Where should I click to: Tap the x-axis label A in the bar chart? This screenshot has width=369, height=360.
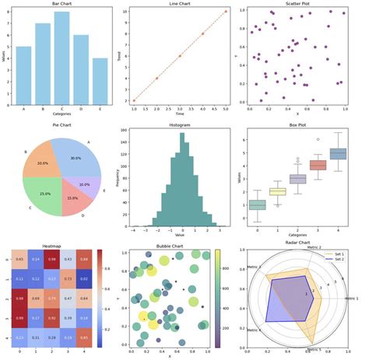pyautogui.click(x=24, y=109)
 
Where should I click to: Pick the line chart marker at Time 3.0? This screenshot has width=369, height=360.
pyautogui.click(x=180, y=56)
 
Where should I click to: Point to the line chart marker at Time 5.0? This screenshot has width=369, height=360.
pyautogui.click(x=226, y=12)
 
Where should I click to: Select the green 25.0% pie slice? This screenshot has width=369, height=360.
pyautogui.click(x=49, y=190)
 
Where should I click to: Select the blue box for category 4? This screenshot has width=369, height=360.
pyautogui.click(x=339, y=154)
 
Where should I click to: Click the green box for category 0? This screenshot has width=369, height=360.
pyautogui.click(x=256, y=204)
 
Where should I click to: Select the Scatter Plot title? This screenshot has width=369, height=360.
pyautogui.click(x=304, y=4)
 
